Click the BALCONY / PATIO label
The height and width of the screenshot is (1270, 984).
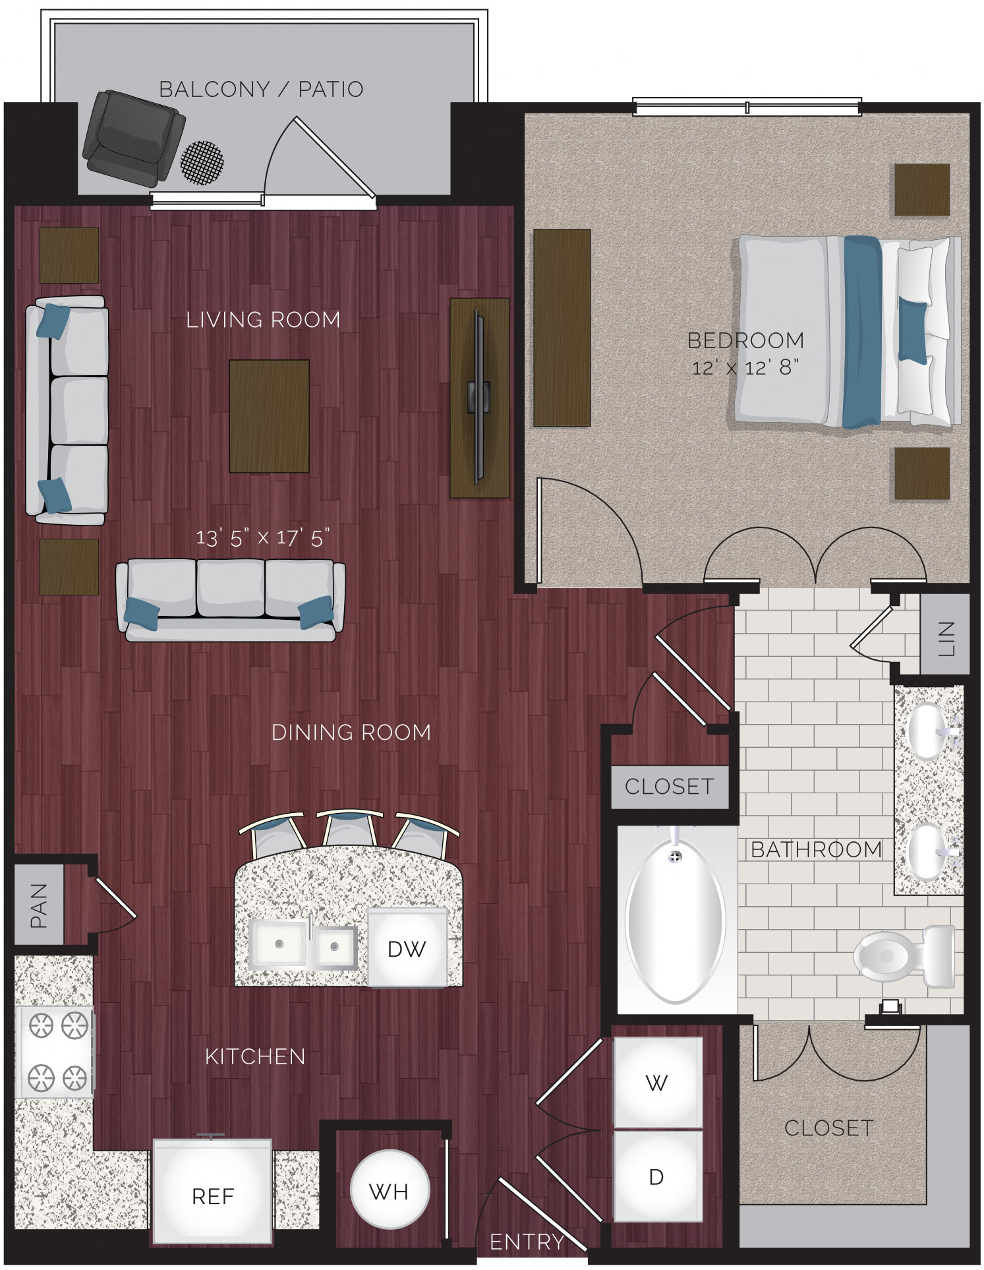coord(261,89)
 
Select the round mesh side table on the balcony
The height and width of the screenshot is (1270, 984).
coord(202,162)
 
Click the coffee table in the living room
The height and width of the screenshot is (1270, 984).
coord(269,416)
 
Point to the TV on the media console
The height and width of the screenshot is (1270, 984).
coord(479,398)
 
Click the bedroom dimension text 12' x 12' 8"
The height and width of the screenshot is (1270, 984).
coord(745,367)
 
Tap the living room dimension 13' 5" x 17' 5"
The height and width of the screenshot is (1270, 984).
coord(262,538)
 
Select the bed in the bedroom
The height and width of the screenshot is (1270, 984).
coord(847,331)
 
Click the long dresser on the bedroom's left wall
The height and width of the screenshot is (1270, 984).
coord(562,328)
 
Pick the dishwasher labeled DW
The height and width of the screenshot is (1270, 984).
coord(407,948)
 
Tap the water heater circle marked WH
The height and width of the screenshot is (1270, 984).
coord(390,1191)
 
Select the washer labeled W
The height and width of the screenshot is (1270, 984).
coord(657,1082)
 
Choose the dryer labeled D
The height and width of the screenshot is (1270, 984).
coord(657,1176)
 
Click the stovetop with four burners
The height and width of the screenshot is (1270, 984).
coord(55,1051)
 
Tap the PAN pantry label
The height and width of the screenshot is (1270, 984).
coord(39,905)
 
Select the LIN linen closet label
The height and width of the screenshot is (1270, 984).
coord(945,638)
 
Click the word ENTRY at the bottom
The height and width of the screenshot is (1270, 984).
coord(527,1242)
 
